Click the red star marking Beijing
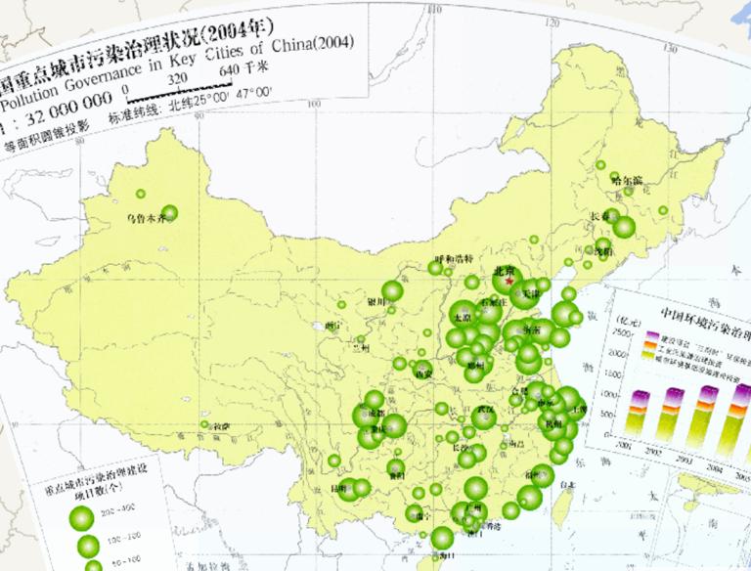[x=510, y=282]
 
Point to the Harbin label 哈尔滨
[x=626, y=180]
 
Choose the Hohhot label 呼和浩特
[x=454, y=258]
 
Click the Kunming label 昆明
[x=339, y=486]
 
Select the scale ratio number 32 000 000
[x=58, y=113]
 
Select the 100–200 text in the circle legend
[x=129, y=539]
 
